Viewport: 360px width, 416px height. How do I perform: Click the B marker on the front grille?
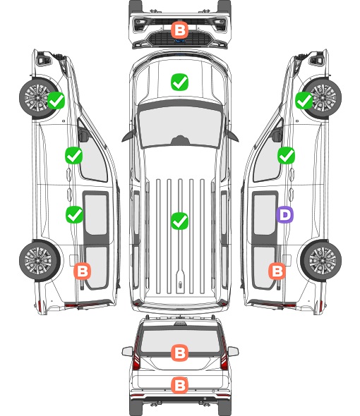179,30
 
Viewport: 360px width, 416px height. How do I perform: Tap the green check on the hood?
179,82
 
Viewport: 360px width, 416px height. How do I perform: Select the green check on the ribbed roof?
179,221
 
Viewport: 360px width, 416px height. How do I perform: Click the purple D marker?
284,214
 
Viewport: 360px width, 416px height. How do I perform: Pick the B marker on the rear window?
179,353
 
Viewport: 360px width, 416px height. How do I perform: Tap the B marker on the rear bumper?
179,385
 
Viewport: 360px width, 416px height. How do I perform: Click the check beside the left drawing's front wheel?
56,100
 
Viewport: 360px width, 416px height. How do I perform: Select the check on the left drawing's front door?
73,155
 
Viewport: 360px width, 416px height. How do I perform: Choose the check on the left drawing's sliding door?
74,214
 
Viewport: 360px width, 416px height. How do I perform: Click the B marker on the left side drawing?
82,271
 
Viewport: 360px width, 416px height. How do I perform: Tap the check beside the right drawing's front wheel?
304,100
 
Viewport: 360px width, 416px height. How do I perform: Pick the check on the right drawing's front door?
286,155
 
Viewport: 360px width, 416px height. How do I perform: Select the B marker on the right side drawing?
277,271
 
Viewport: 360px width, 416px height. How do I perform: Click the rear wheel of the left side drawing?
40,261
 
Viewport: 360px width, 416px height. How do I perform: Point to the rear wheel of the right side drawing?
321,261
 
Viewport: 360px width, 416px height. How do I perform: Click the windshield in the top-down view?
180,126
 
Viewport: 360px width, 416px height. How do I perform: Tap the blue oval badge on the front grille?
180,41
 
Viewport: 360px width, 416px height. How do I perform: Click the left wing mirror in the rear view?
127,351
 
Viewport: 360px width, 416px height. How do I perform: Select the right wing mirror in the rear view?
233,351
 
